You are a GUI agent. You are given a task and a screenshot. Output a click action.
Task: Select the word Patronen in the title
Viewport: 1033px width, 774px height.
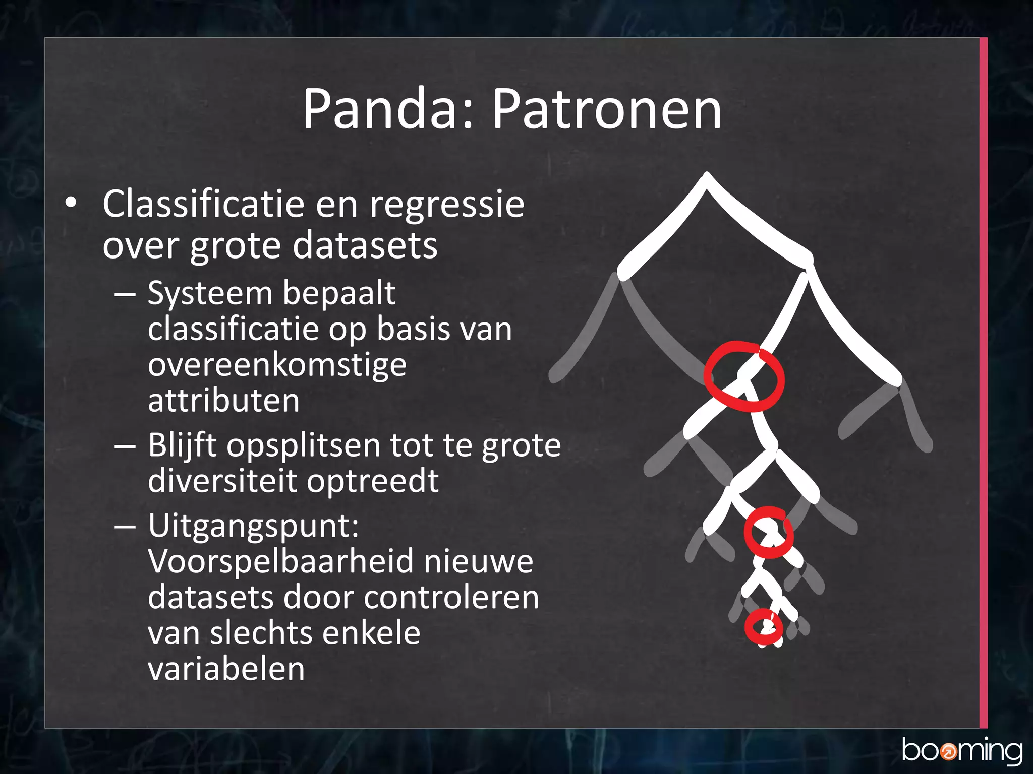tap(606, 109)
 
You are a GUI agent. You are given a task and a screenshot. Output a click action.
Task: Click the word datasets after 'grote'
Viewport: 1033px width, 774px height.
tap(365, 245)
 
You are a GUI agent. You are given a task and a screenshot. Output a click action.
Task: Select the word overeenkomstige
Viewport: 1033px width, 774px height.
tap(277, 366)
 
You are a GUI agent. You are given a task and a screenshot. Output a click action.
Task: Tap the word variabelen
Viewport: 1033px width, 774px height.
tap(226, 669)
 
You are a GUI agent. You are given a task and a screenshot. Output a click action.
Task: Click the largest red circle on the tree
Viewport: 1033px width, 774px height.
tap(744, 376)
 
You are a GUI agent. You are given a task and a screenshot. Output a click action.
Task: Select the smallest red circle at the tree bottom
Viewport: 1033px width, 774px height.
tap(764, 627)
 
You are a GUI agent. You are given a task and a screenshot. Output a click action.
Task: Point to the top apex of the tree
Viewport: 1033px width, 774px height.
tap(707, 176)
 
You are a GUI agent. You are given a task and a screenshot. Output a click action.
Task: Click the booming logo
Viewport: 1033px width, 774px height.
tap(962, 751)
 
